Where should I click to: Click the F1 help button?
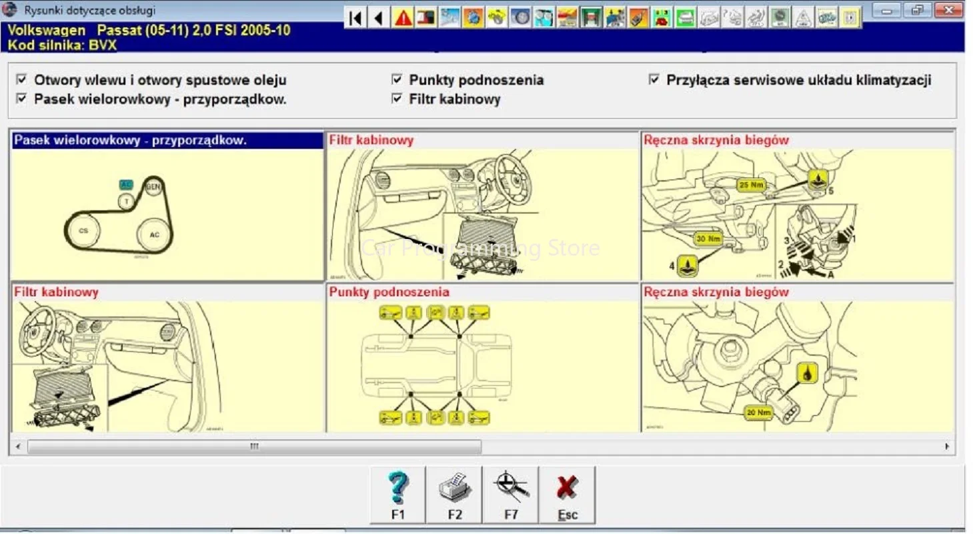397,495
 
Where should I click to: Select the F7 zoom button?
511,495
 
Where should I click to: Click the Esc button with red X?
568,495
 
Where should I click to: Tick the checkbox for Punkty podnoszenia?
397,79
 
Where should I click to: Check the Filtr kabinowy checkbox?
397,99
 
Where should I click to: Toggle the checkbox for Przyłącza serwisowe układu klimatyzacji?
654,79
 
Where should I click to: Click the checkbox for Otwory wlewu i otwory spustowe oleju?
22,79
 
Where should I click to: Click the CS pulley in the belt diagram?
83,231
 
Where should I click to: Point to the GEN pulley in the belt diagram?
153,186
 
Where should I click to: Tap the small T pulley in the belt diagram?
125,200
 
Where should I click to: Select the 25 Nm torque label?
751,185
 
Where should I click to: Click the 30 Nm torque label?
708,238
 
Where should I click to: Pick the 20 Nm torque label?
759,413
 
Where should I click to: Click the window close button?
948,10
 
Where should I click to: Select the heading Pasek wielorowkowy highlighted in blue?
131,140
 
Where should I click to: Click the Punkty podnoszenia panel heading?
389,292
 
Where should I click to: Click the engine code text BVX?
103,45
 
